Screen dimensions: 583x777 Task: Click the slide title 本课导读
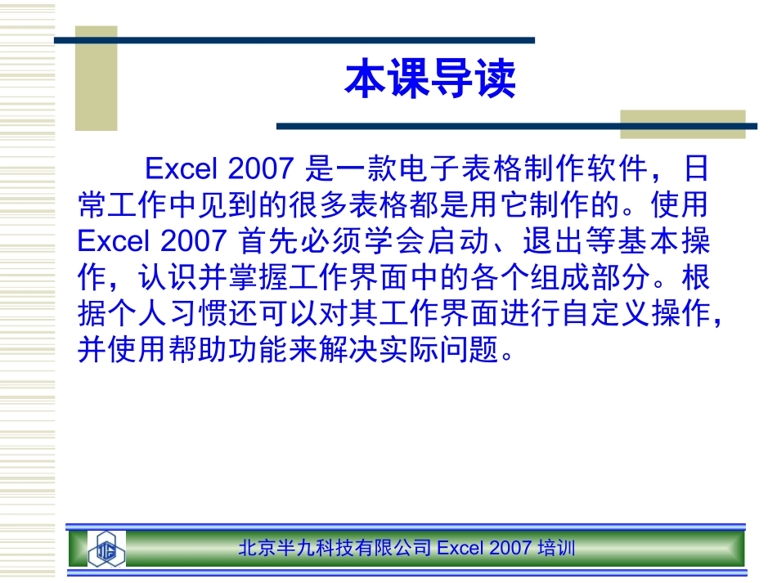(x=430, y=79)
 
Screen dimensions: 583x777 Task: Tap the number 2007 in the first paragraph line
(x=261, y=169)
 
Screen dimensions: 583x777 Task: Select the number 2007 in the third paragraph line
(x=194, y=241)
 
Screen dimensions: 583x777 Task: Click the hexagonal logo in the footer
(x=106, y=548)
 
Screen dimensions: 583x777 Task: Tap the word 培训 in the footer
(x=556, y=548)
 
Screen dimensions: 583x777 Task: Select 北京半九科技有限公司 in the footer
(x=335, y=548)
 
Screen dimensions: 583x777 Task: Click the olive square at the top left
(x=96, y=78)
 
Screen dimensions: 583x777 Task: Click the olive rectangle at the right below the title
(x=682, y=123)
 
